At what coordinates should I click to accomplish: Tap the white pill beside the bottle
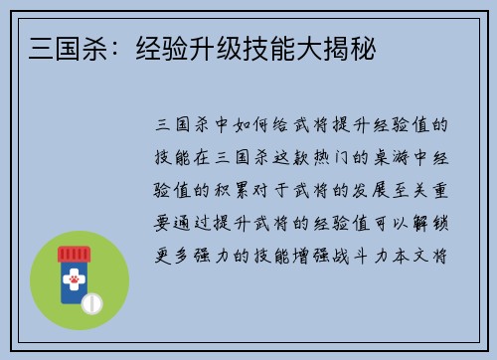91,301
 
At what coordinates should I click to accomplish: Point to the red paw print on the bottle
74,281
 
